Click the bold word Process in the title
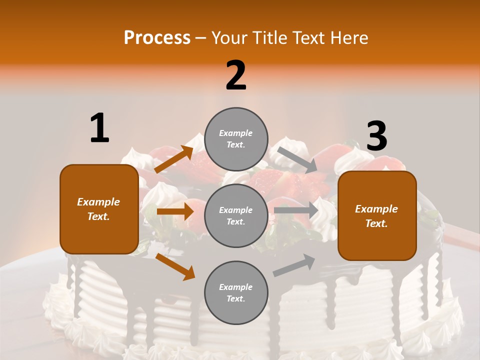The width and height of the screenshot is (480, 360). coord(157,37)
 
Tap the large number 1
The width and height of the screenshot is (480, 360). coord(99,128)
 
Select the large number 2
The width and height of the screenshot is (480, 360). coord(236,75)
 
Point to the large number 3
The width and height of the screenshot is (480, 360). coord(376,136)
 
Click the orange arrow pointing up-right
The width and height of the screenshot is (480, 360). coord(174,159)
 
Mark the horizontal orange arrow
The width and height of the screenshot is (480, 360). coord(175,211)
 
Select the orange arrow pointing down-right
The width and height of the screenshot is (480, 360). coord(175,266)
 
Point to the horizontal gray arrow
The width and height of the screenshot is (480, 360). coord(296,210)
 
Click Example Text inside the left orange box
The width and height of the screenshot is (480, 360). coord(98,209)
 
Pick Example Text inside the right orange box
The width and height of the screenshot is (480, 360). coord(376,216)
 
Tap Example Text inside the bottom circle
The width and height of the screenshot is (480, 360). coord(236,292)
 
